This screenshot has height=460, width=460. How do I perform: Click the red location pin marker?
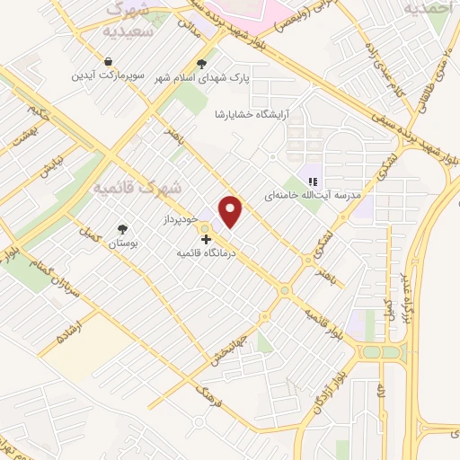coord(232,211)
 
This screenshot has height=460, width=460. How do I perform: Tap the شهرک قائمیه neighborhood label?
coord(137,189)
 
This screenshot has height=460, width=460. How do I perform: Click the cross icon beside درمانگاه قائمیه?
coord(208,240)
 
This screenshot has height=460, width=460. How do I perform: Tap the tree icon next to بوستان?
coord(121,228)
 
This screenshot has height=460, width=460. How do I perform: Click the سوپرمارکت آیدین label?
coord(109,76)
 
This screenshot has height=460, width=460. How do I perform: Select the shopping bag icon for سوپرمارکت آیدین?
coord(109,61)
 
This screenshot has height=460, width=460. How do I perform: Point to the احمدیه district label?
coord(424,8)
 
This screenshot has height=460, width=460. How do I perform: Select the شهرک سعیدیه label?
coord(132,18)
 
